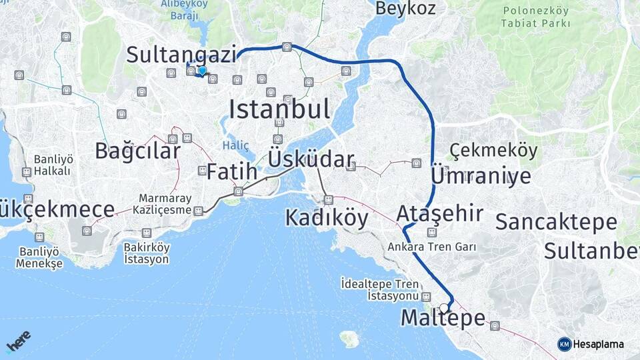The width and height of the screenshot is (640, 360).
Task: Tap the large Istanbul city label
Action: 279,108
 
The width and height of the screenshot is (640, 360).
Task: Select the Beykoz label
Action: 405,9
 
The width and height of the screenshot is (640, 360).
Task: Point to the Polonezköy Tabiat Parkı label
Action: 537,17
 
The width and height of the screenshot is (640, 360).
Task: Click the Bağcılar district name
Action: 137,151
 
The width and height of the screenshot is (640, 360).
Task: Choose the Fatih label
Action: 231,171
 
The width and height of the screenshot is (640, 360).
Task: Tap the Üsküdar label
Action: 311,160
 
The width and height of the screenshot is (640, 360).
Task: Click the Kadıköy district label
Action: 327,217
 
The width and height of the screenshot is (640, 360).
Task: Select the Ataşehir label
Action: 439,213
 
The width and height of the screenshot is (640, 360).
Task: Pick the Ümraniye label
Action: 481,176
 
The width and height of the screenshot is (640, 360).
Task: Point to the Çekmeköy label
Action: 493,151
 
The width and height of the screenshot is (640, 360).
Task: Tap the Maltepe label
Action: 443,319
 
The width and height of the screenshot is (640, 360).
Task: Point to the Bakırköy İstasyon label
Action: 147,253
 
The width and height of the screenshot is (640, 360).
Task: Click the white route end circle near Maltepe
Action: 444,308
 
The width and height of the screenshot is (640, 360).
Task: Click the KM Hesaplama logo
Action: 591,344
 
